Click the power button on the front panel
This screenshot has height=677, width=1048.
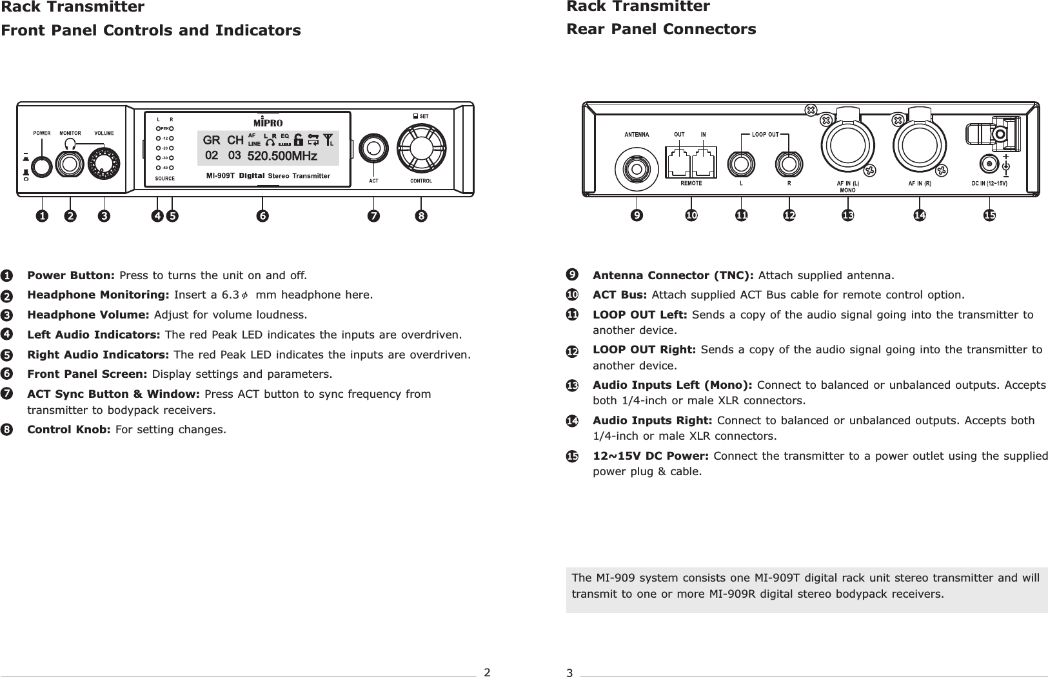tap(42, 166)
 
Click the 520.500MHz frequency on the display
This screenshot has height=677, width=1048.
tap(282, 156)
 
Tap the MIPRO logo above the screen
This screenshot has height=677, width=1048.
tap(268, 122)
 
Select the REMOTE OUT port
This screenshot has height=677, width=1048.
tap(678, 162)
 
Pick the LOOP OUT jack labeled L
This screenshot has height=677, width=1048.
tap(742, 164)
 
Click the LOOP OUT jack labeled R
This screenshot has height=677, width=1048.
tap(789, 164)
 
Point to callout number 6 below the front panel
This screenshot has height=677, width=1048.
tap(262, 217)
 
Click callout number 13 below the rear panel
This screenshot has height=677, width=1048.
tap(847, 215)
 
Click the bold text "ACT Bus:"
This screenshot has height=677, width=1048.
tap(620, 295)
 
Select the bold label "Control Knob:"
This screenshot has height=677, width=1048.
tap(69, 429)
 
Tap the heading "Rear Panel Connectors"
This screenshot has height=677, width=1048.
tap(660, 30)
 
